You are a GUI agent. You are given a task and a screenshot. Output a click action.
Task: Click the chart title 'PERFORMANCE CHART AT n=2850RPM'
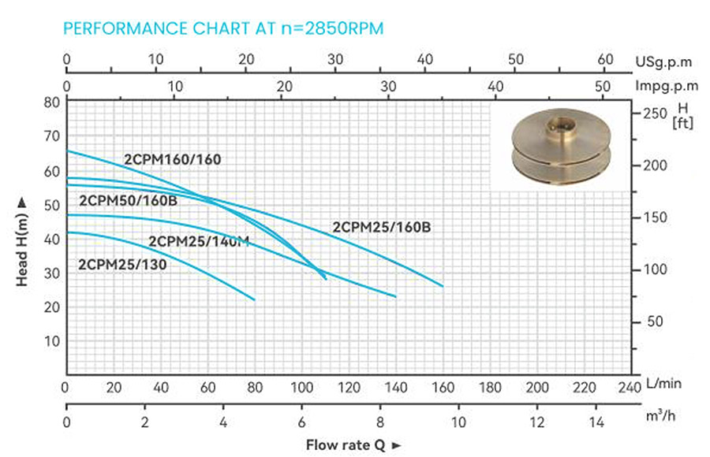click(x=223, y=29)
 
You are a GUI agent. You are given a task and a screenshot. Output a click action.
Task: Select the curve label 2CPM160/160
click(x=172, y=159)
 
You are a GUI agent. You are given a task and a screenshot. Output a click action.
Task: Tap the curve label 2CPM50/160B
click(x=128, y=200)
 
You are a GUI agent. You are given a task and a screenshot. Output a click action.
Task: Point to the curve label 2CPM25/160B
click(x=382, y=227)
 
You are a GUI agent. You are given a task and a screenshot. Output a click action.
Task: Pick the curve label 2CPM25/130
click(x=122, y=265)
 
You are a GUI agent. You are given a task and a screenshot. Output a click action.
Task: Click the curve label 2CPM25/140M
click(x=199, y=241)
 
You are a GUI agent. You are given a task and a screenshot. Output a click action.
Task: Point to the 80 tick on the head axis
click(x=52, y=102)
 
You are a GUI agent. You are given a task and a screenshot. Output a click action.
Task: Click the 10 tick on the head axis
click(x=52, y=341)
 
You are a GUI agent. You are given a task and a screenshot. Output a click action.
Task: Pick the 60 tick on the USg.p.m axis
click(x=606, y=60)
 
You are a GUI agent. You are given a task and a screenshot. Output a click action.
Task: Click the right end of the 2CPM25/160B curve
click(x=443, y=285)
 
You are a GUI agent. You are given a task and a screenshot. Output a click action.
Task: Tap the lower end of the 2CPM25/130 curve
click(x=255, y=299)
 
